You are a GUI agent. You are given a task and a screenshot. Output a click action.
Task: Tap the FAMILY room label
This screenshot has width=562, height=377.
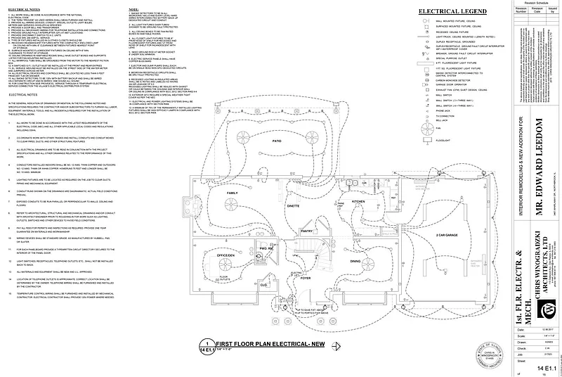pos(231,192)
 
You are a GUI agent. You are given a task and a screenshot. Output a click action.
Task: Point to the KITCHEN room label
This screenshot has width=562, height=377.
pos(358,202)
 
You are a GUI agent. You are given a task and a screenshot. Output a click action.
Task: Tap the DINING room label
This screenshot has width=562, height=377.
pos(355,262)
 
